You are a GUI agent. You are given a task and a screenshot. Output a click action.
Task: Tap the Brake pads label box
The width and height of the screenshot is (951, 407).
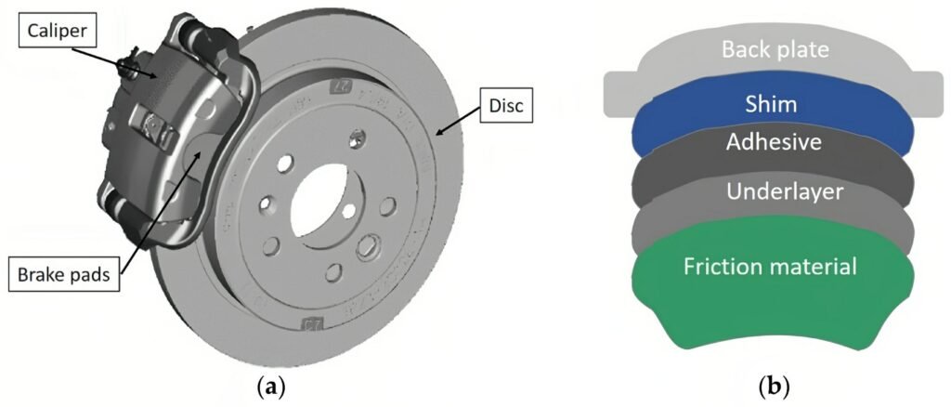(x=67, y=276)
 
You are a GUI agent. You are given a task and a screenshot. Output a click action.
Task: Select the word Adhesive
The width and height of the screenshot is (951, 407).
(x=773, y=144)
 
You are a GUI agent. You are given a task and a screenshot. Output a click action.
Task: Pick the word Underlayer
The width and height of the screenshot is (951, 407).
(x=773, y=191)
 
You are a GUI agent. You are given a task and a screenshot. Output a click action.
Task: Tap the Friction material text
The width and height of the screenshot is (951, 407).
(x=769, y=268)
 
